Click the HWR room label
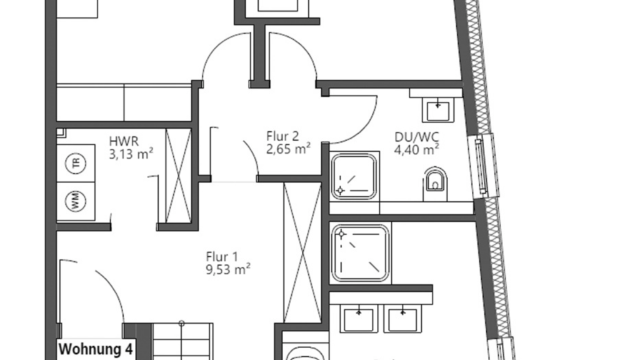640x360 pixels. pos(124,141)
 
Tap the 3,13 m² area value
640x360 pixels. pos(131,154)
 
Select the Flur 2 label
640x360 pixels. pos(282,136)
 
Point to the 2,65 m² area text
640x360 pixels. pos(288,149)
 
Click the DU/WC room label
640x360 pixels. pos(416,137)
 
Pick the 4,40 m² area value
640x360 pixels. pos(416,149)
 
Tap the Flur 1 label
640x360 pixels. pos(222,257)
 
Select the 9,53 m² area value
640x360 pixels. pos(228,269)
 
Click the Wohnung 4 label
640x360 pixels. pos(96,349)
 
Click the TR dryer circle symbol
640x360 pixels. pos(76,163)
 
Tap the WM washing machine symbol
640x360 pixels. pos(76,202)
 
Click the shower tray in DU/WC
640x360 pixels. pos(354,176)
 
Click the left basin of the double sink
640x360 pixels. pos(359,319)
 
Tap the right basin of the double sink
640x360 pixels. pos(403,319)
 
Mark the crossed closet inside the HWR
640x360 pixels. pos(178,176)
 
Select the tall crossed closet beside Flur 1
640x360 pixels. pos(302,253)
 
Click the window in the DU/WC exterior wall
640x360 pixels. pos(483,166)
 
